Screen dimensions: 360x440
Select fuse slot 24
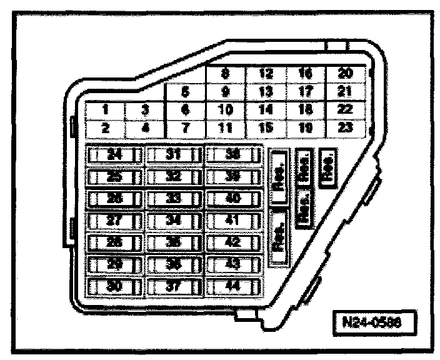[114, 154]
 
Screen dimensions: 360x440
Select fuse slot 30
[114, 287]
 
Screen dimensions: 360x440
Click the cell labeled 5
[185, 93]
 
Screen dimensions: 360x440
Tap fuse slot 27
[114, 221]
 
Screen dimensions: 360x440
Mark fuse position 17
[306, 92]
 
